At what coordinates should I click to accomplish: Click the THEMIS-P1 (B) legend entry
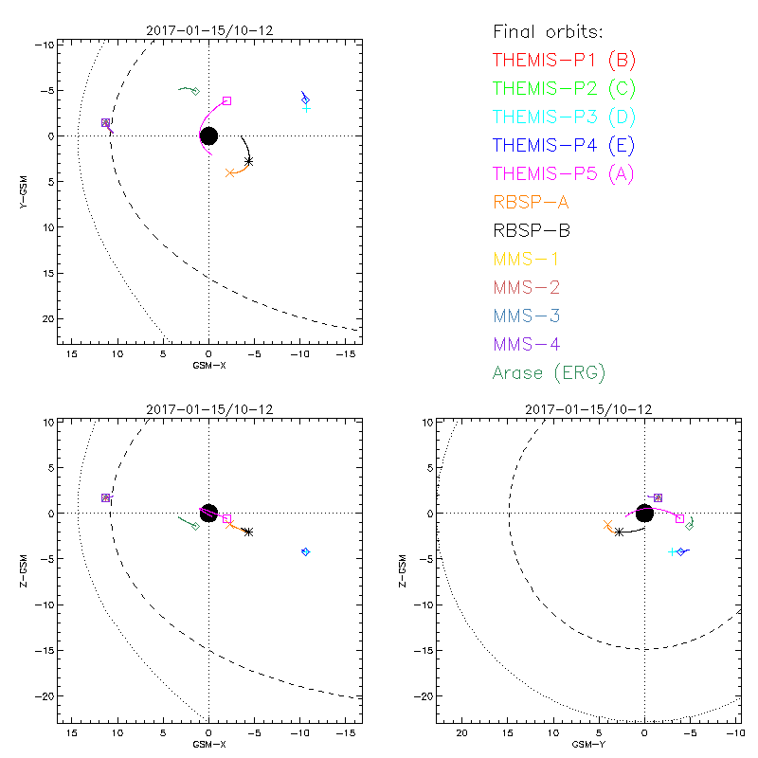pyautogui.click(x=564, y=61)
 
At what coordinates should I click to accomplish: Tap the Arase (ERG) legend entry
pyautogui.click(x=549, y=372)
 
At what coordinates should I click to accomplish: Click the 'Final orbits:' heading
pyautogui.click(x=547, y=32)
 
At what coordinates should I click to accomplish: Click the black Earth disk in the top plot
pyautogui.click(x=208, y=135)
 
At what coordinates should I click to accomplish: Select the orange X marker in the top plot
pyautogui.click(x=230, y=172)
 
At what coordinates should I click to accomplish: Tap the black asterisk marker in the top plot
pyautogui.click(x=248, y=161)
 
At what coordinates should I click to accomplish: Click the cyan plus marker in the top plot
pyautogui.click(x=306, y=108)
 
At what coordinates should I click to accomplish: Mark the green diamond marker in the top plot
pyautogui.click(x=195, y=91)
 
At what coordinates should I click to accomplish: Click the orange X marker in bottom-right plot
pyautogui.click(x=607, y=524)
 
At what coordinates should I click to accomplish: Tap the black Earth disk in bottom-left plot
pyautogui.click(x=208, y=513)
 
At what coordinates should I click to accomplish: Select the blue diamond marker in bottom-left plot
pyautogui.click(x=305, y=551)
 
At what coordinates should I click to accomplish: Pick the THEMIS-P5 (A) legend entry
pyautogui.click(x=564, y=173)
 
